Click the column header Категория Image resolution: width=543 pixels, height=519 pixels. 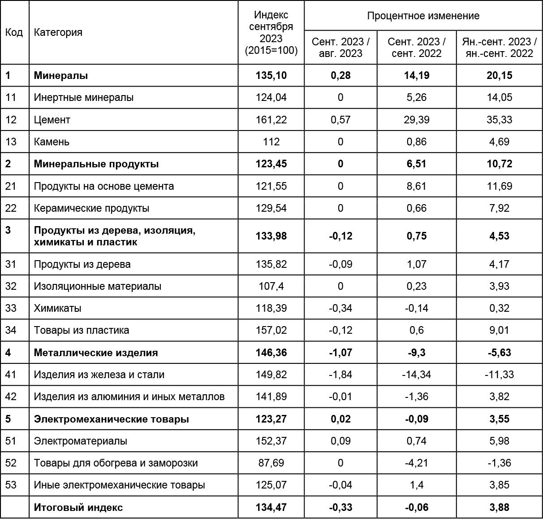pyautogui.click(x=58, y=32)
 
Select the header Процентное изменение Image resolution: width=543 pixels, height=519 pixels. pyautogui.click(x=423, y=16)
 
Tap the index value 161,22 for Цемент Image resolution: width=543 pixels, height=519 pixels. pyautogui.click(x=271, y=120)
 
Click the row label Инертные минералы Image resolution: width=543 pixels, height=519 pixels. pyautogui.click(x=84, y=97)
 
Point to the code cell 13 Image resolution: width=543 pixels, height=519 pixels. pyautogui.click(x=11, y=142)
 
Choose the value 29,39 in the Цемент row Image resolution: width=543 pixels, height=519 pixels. pyautogui.click(x=416, y=120)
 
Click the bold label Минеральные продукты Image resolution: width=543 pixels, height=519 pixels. pyautogui.click(x=96, y=164)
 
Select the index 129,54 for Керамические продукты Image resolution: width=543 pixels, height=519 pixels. pyautogui.click(x=271, y=208)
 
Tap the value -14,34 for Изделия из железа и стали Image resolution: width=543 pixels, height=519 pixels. pyautogui.click(x=416, y=375)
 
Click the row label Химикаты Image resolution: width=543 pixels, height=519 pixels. pyautogui.click(x=58, y=308)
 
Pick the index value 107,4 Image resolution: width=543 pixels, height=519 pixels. pyautogui.click(x=271, y=286)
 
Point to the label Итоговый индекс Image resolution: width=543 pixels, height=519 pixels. pyautogui.click(x=78, y=507)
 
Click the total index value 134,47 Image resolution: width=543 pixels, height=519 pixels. pyautogui.click(x=271, y=507)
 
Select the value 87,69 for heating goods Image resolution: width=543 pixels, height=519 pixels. pyautogui.click(x=271, y=463)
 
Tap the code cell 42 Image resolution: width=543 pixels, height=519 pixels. pyautogui.click(x=11, y=397)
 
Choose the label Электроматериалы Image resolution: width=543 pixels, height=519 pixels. pyautogui.click(x=81, y=441)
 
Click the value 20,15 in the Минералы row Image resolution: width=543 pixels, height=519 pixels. pyautogui.click(x=499, y=75)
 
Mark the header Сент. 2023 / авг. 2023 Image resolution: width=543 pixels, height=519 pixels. pyautogui.click(x=340, y=48)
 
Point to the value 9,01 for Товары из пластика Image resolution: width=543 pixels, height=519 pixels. pyautogui.click(x=499, y=330)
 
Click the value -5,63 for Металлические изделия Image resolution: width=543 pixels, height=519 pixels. pyautogui.click(x=499, y=353)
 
